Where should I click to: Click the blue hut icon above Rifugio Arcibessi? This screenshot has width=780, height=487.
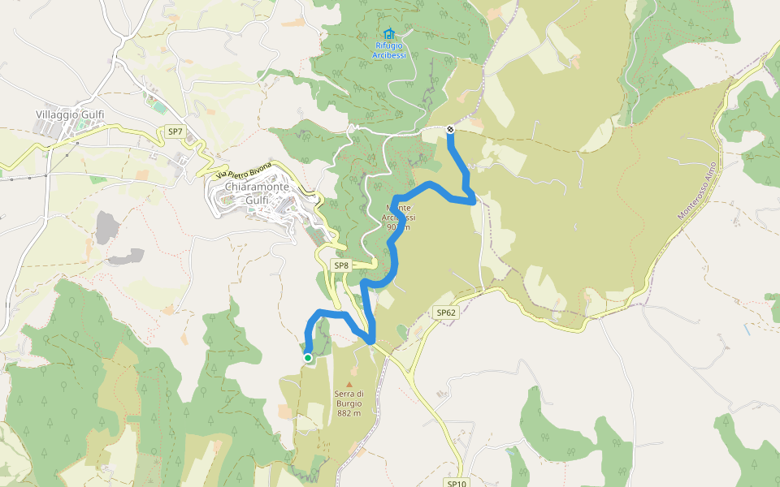(388, 34)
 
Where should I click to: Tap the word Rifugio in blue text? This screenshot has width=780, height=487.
(388, 46)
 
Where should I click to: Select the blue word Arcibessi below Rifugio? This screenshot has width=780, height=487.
(388, 55)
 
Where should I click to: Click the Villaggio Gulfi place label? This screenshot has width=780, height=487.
(70, 115)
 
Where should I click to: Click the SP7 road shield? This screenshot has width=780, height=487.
(175, 131)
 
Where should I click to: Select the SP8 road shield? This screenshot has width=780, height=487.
(341, 265)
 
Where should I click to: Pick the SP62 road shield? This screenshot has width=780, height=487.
(446, 312)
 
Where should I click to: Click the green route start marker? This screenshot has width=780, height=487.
(308, 357)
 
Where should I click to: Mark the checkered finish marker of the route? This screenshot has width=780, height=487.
(450, 128)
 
